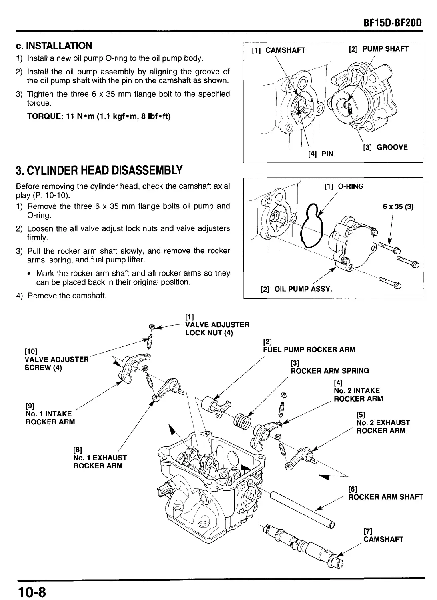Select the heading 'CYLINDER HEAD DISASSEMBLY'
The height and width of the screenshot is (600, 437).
(x=99, y=170)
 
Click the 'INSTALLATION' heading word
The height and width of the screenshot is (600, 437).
(x=59, y=46)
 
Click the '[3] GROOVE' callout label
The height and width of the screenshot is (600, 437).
(x=385, y=147)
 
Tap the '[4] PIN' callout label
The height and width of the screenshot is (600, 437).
(x=320, y=154)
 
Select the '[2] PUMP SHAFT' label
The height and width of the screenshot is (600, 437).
(x=379, y=49)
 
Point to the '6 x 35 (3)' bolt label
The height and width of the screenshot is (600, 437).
(x=398, y=207)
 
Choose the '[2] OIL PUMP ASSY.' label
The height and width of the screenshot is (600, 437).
(x=296, y=289)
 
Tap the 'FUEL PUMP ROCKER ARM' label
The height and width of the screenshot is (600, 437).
(x=309, y=350)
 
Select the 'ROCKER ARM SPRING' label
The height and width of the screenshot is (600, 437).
(x=330, y=371)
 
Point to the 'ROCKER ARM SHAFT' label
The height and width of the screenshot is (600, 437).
(x=385, y=497)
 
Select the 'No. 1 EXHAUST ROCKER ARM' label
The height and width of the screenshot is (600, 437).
(x=100, y=462)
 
